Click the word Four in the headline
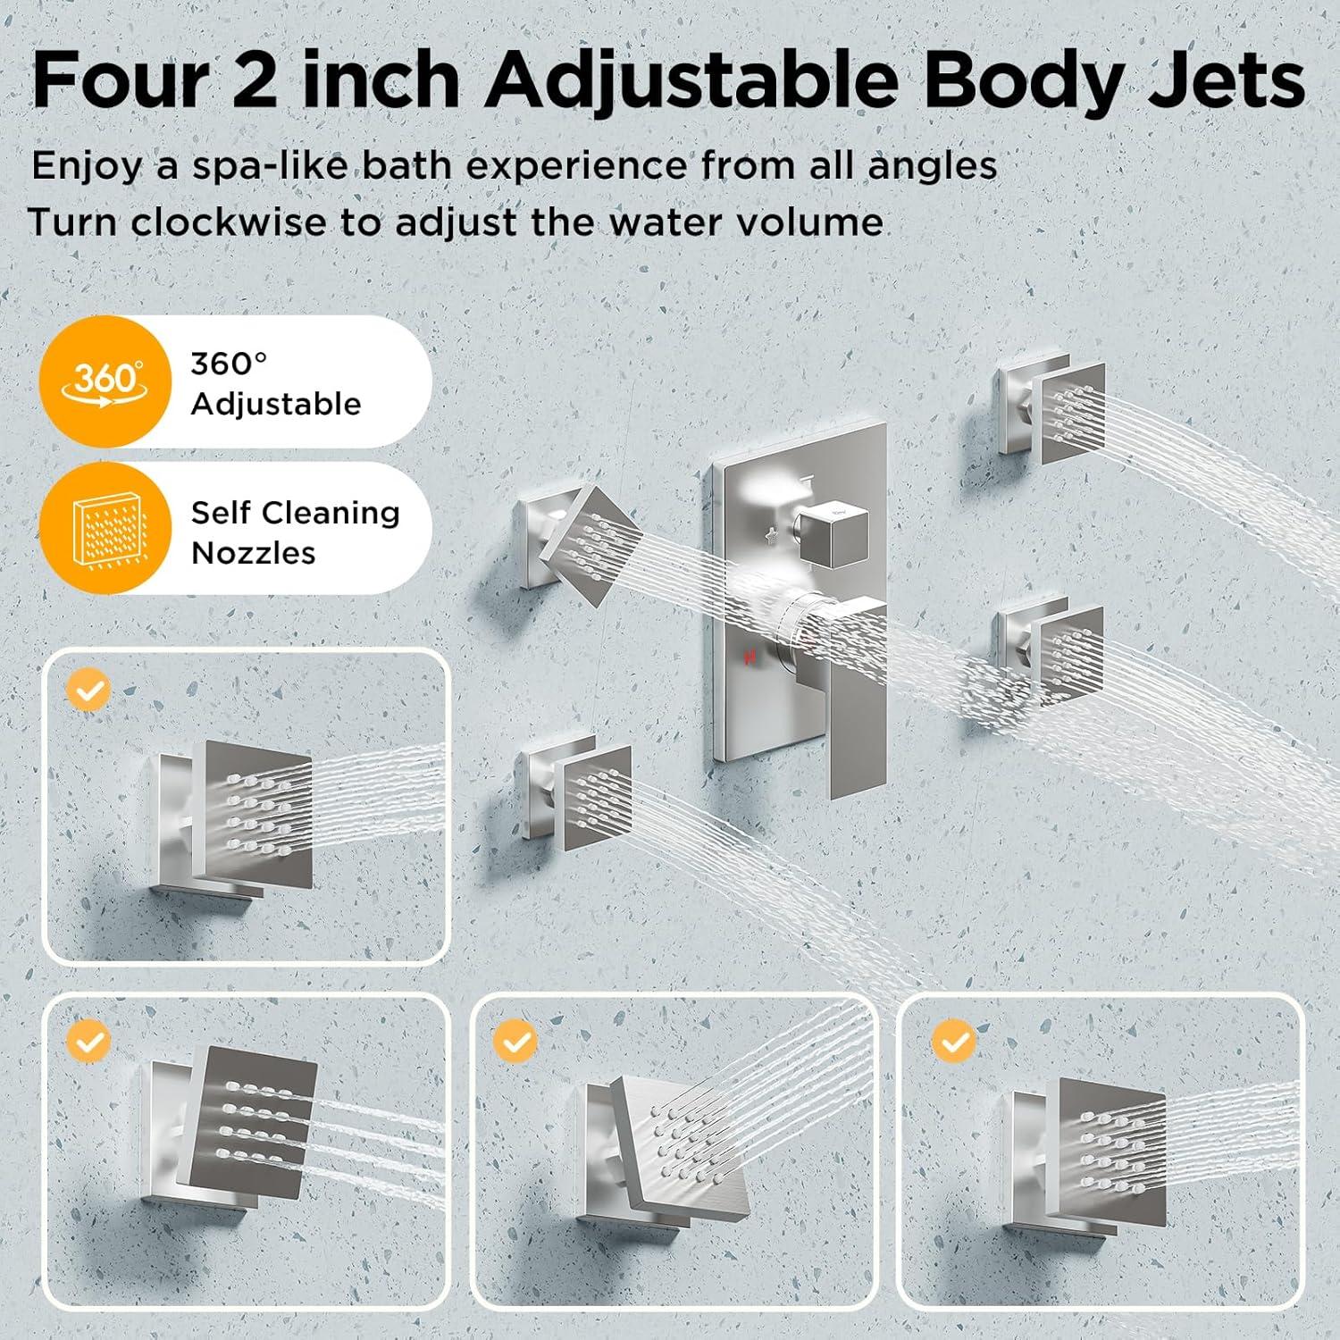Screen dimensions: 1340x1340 click(x=121, y=80)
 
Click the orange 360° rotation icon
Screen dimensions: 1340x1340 click(x=105, y=381)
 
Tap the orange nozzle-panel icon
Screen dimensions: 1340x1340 click(x=105, y=529)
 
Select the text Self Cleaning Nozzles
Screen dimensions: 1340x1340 click(x=296, y=532)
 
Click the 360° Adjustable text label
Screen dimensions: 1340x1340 click(x=276, y=383)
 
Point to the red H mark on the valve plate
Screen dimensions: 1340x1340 click(x=749, y=657)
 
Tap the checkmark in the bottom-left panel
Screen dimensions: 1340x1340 click(x=89, y=1041)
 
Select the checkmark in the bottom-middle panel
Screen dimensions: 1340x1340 click(x=515, y=1041)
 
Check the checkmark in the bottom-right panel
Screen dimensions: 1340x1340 click(x=953, y=1041)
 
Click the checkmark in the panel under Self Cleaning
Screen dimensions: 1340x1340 click(x=89, y=691)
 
